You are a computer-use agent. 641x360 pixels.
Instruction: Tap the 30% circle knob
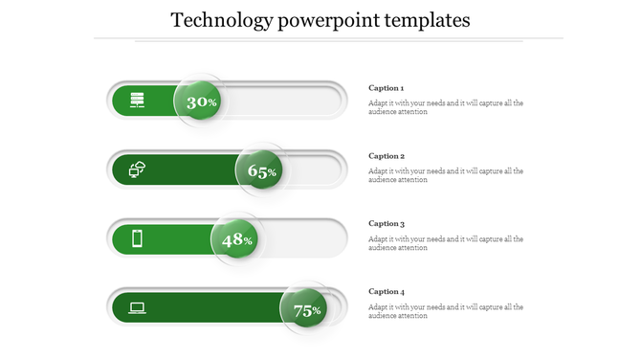coord(200,101)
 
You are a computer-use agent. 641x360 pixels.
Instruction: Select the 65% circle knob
coord(261,170)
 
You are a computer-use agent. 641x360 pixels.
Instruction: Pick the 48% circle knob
coord(236,239)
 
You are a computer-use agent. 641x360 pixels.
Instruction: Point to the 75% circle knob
coord(305,309)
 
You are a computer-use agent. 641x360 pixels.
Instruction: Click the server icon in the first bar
coord(138,100)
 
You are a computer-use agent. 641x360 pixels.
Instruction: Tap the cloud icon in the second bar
coord(138,169)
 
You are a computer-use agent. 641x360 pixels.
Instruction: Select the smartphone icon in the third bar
coord(137,238)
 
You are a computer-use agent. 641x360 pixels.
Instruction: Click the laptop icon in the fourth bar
coord(138,307)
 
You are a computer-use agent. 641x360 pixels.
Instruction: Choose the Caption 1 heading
coord(387,88)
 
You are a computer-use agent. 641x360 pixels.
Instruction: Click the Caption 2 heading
coord(387,156)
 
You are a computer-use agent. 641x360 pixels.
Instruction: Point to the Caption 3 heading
coord(387,224)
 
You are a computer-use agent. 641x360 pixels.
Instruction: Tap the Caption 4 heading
coord(387,292)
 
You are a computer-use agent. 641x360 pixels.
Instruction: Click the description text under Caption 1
coord(446,107)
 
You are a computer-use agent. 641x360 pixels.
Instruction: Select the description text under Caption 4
coord(446,311)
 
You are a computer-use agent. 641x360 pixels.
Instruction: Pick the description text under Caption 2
coord(446,175)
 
